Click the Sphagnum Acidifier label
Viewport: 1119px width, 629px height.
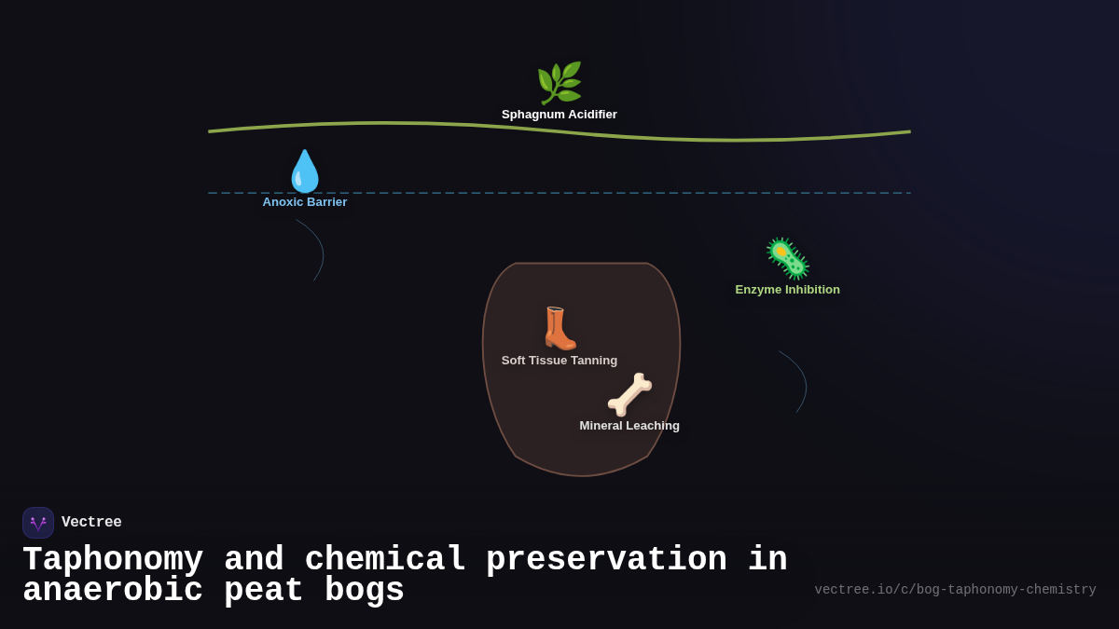tap(559, 115)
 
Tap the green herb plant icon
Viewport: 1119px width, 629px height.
tap(559, 83)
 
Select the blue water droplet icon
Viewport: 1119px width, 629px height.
tap(304, 171)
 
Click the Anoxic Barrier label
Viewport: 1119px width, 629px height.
tap(304, 202)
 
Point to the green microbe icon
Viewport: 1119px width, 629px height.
tap(787, 258)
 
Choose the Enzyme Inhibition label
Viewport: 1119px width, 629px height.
tap(787, 290)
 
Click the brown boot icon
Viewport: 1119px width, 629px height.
tap(559, 328)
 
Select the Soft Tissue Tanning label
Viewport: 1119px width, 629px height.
tap(559, 361)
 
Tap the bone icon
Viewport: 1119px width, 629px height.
tap(629, 394)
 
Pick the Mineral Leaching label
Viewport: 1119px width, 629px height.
tap(629, 426)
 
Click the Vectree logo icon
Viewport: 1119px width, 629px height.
tap(38, 523)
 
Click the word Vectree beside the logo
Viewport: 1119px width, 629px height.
tap(91, 523)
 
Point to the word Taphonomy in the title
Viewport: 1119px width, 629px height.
tap(113, 560)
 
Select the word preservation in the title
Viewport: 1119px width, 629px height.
tap(606, 560)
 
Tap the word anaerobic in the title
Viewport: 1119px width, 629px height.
tap(113, 591)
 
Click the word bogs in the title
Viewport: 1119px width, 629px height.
tap(365, 591)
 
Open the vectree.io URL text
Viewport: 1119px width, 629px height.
tap(955, 590)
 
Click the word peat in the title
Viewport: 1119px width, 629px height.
tap(264, 591)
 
